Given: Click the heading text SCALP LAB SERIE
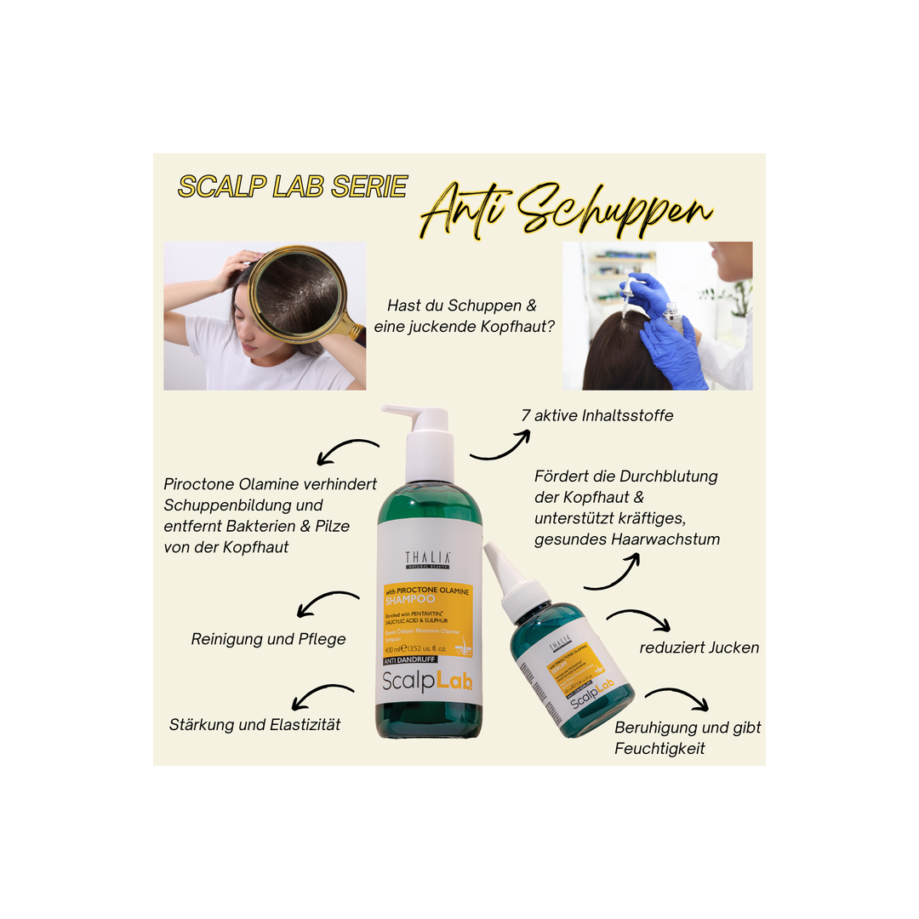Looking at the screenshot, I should tap(292, 187).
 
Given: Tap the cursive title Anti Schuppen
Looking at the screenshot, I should tap(566, 208).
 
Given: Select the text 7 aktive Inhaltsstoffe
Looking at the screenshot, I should tap(597, 416).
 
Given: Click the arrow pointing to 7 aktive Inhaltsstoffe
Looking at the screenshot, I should tap(500, 445).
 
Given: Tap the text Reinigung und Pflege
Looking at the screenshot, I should tap(268, 638).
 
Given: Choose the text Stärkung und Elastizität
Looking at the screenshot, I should tap(254, 724).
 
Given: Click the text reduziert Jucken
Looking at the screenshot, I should tap(699, 648).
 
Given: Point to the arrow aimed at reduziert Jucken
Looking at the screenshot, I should tap(639, 620).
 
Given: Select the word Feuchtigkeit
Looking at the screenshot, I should tap(659, 749).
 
